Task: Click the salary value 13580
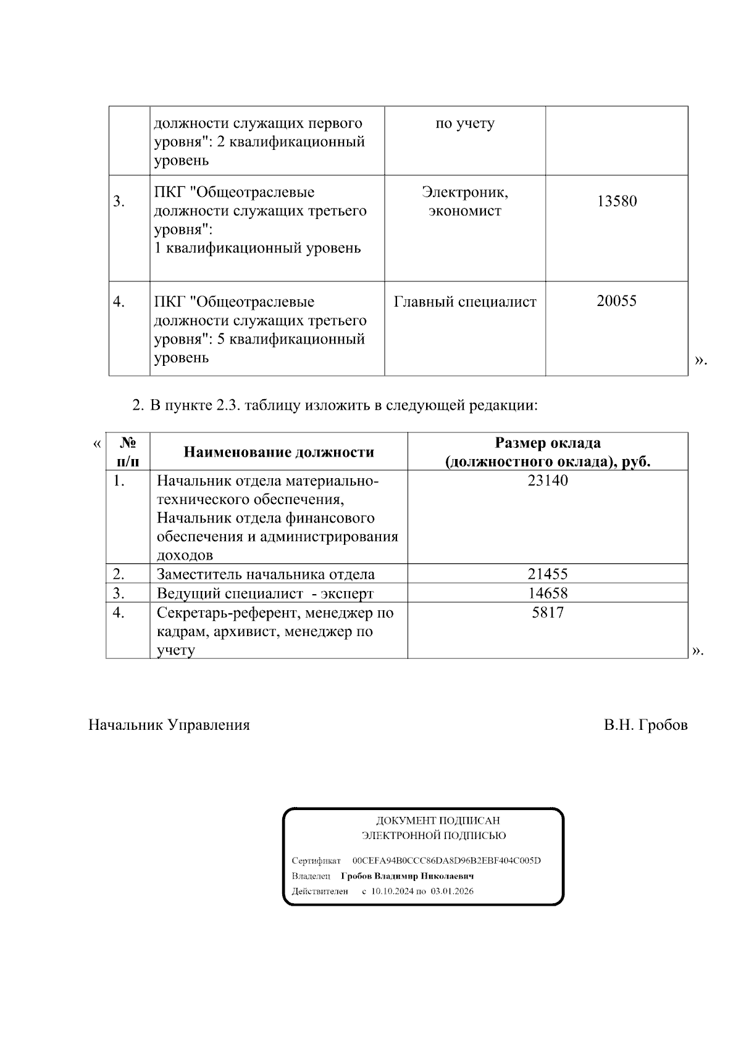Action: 616,201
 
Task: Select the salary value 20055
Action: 616,301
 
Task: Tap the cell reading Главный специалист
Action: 465,302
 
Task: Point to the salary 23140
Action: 547,481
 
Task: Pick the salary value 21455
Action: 547,574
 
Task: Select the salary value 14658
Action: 547,593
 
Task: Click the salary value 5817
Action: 547,613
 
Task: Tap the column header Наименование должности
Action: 278,452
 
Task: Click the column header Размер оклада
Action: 548,443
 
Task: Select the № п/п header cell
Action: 128,452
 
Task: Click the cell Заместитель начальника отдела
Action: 266,574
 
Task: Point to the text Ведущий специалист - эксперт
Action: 265,594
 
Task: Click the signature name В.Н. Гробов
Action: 645,725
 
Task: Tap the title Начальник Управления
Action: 169,725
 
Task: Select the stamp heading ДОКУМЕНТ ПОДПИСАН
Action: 438,821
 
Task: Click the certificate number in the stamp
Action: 446,861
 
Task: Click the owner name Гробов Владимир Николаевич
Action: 407,876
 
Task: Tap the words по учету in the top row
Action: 465,123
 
